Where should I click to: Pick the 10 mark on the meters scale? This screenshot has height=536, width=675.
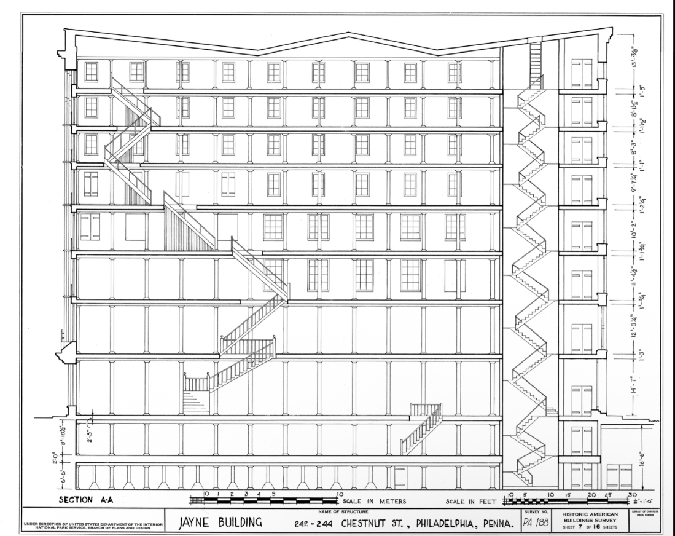[339, 494]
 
